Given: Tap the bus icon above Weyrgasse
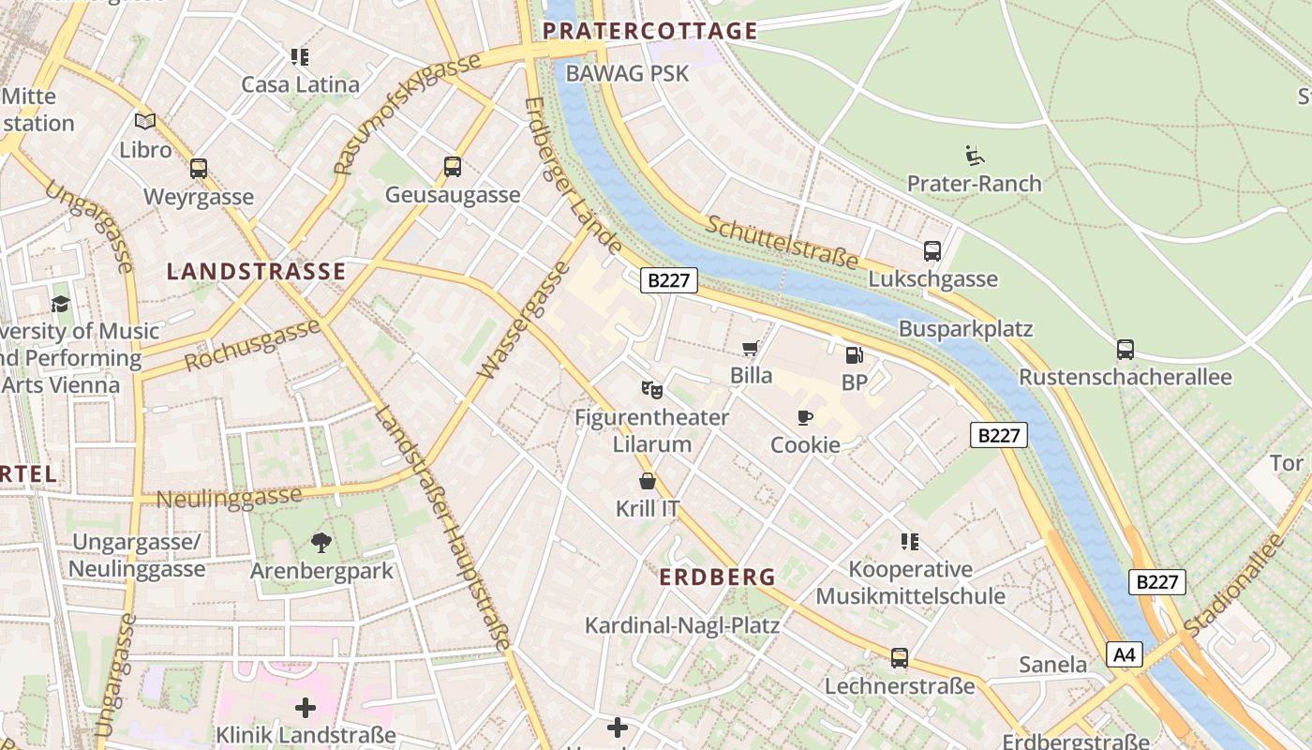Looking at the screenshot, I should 199,169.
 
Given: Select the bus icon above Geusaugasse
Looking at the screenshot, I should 453,167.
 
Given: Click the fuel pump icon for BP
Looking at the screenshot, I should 854,354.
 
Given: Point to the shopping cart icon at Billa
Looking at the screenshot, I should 750,349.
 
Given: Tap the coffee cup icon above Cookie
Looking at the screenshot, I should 804,417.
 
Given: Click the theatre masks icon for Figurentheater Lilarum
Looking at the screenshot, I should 651,388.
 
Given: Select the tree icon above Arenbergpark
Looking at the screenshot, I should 321,542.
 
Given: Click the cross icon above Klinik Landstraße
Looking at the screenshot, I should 306,707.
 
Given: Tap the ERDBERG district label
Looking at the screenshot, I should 718,577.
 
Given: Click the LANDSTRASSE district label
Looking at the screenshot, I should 256,272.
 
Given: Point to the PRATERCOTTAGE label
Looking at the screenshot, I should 649,31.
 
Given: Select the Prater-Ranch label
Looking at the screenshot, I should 974,183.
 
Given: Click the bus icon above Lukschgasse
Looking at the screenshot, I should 932,250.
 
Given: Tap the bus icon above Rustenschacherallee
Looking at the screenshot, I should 1125,350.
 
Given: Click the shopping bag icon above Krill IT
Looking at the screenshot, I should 647,481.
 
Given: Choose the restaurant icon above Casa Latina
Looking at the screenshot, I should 300,57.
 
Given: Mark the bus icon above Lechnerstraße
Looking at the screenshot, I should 899,657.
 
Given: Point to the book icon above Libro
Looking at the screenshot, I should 145,121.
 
